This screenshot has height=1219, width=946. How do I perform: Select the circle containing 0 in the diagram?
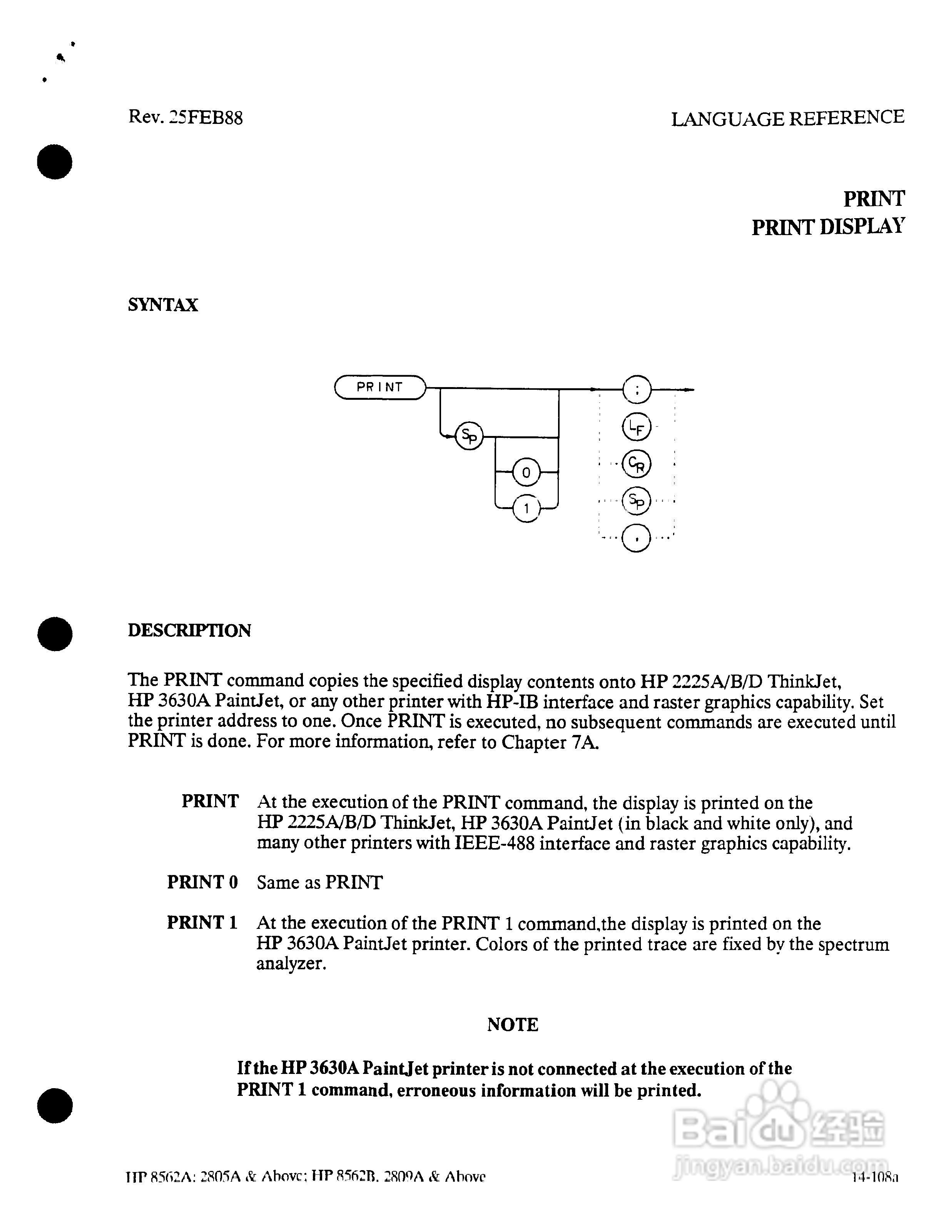526,473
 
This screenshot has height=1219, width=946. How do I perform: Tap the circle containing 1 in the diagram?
526,508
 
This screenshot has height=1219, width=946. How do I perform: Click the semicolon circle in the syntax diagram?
636,389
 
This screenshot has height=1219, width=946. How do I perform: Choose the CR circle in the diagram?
636,463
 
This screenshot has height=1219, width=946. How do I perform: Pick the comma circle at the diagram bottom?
636,538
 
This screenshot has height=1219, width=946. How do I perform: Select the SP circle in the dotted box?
636,501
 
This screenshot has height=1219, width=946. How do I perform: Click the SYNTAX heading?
163,305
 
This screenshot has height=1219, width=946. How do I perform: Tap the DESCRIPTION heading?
189,630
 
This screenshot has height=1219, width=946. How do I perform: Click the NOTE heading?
512,1024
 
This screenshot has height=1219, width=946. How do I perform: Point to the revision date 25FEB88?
206,118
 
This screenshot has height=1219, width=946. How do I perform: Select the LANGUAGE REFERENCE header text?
787,119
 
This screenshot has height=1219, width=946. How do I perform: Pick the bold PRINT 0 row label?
202,882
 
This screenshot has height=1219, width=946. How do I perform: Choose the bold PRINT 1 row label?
202,922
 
